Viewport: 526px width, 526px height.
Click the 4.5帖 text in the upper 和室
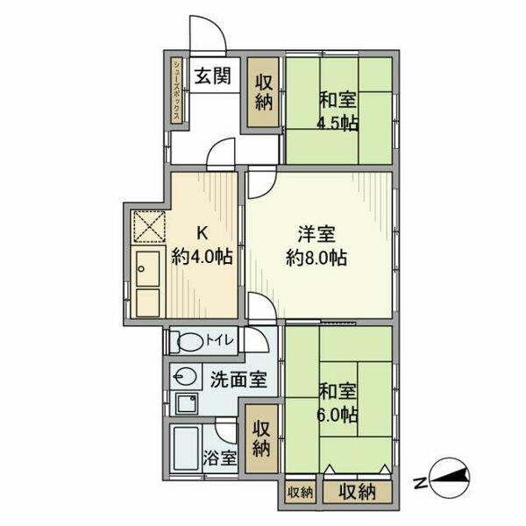(338, 123)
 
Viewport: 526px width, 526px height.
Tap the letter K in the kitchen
(202, 234)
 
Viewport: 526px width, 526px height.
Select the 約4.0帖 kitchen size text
(202, 258)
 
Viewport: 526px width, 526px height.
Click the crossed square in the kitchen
(148, 227)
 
